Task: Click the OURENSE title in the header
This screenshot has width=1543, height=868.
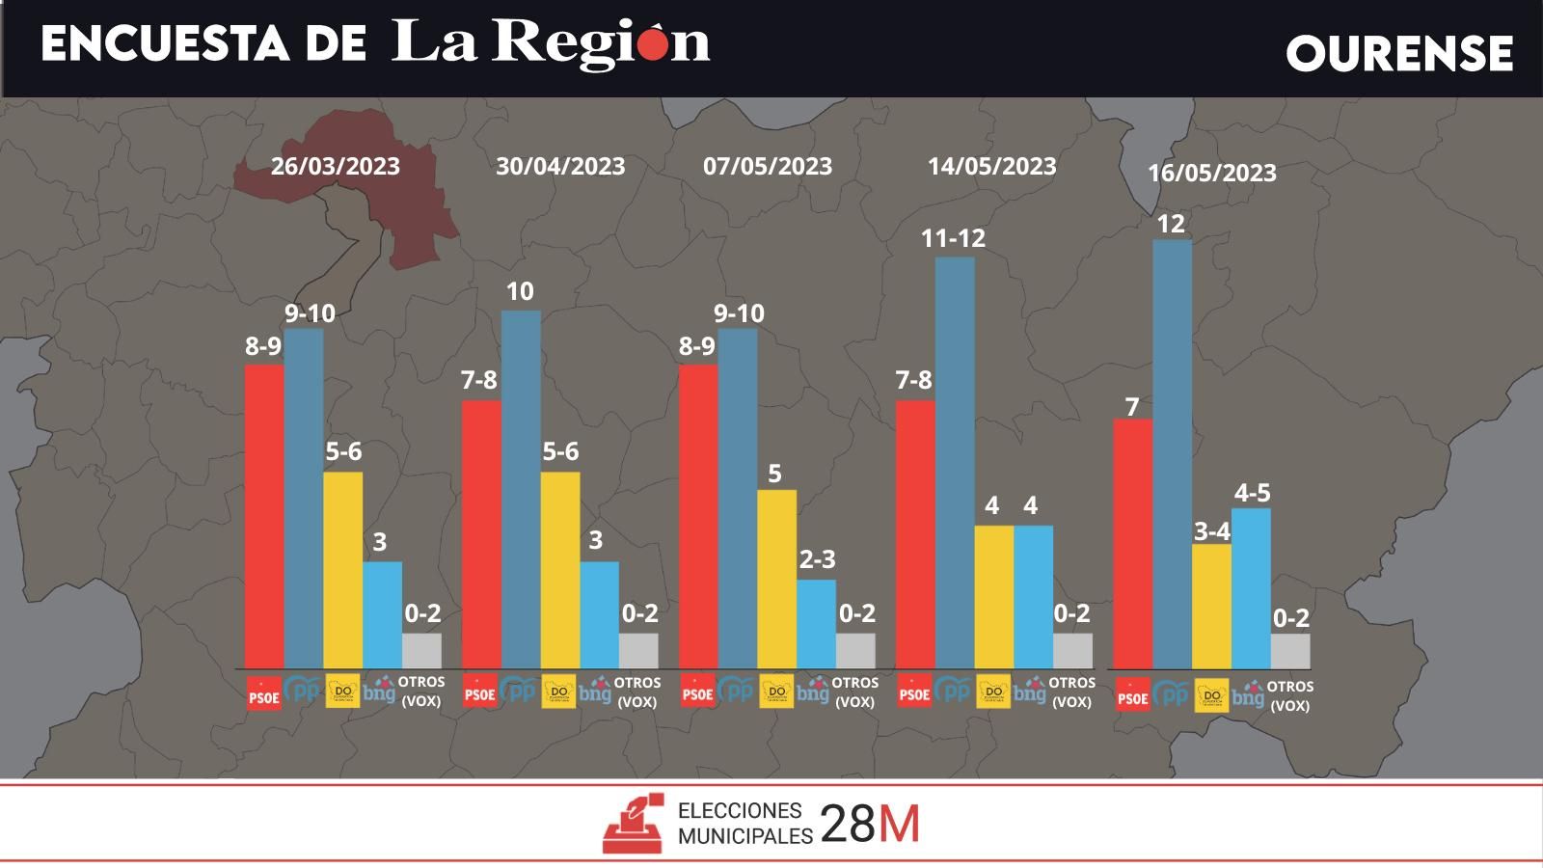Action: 1399,53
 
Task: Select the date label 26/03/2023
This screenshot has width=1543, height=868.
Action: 335,166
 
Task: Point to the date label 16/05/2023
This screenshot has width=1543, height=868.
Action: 1211,173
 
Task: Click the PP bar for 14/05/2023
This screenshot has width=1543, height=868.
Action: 955,463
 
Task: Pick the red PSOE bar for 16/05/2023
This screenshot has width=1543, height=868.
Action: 1132,544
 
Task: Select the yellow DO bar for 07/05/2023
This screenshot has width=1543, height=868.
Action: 776,579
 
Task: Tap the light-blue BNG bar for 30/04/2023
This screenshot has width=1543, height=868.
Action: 599,614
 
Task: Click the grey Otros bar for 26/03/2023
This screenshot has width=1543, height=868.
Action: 421,650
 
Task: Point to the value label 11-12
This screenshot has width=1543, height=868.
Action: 953,238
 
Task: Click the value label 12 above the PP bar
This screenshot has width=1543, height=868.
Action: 1170,224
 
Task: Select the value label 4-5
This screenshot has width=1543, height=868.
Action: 1252,493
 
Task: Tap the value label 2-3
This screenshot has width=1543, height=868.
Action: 817,559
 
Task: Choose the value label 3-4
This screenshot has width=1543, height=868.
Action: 1211,531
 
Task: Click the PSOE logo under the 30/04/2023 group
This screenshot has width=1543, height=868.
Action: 479,692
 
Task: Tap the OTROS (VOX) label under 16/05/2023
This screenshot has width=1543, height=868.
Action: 1289,696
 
